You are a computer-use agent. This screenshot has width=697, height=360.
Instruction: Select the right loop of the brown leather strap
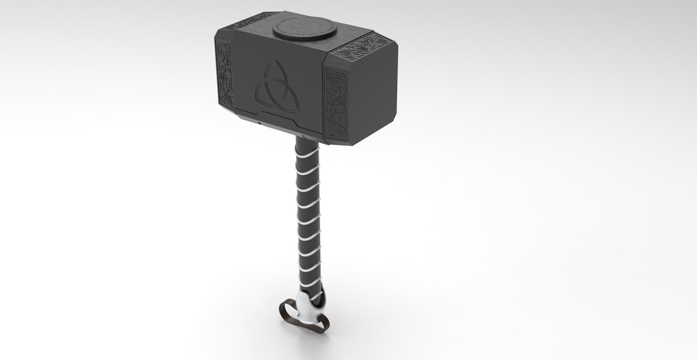[319, 323]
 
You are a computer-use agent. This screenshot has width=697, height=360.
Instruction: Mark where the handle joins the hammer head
[306, 138]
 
